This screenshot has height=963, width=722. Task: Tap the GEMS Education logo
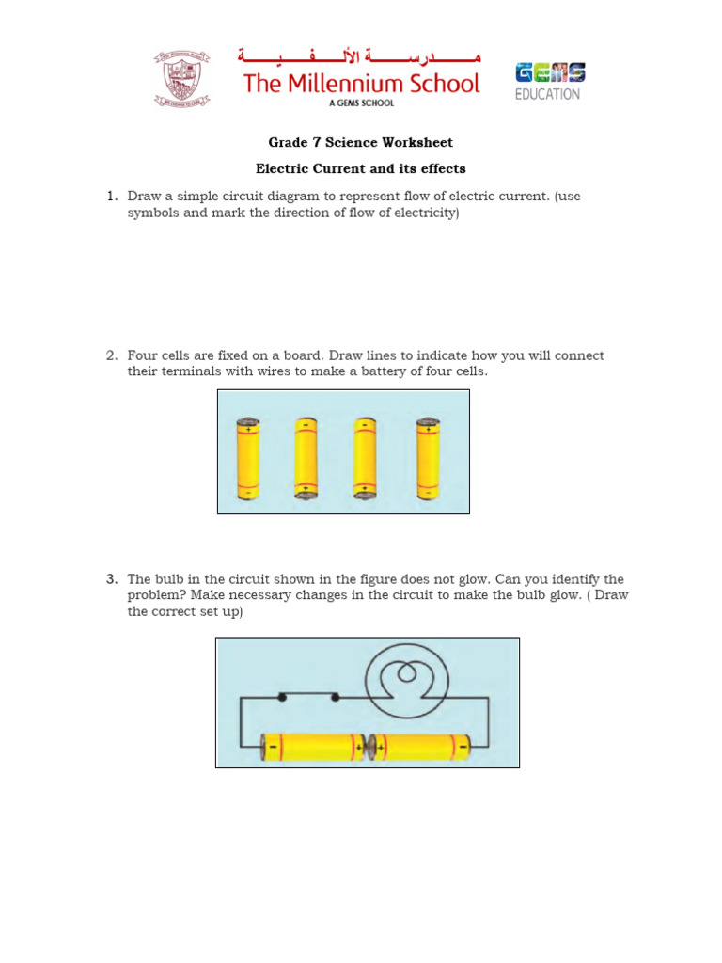pyautogui.click(x=549, y=81)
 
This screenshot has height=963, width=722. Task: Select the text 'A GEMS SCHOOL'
pyautogui.click(x=361, y=103)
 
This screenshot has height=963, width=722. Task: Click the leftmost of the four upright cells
pyautogui.click(x=248, y=457)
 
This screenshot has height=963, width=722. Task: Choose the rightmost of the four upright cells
pyautogui.click(x=428, y=457)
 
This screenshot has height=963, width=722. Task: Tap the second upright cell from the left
pyautogui.click(x=306, y=457)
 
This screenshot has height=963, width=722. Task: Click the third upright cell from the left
pyautogui.click(x=366, y=457)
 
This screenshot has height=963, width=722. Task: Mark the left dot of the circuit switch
pyautogui.click(x=282, y=697)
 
